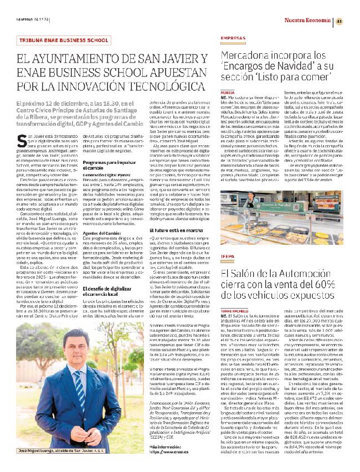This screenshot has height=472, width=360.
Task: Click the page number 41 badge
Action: (339, 21)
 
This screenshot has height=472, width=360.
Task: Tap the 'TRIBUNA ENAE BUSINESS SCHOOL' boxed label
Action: (63, 40)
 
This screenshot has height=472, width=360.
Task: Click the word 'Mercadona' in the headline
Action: (248, 56)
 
